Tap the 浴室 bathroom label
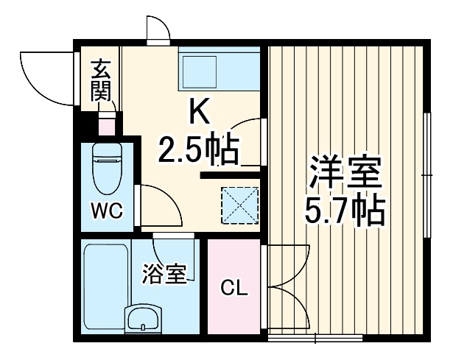coord(164,275)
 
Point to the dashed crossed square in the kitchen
coord(240,204)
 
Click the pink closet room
coord(235,309)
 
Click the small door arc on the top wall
coord(158,29)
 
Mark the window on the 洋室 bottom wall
coord(315,339)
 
